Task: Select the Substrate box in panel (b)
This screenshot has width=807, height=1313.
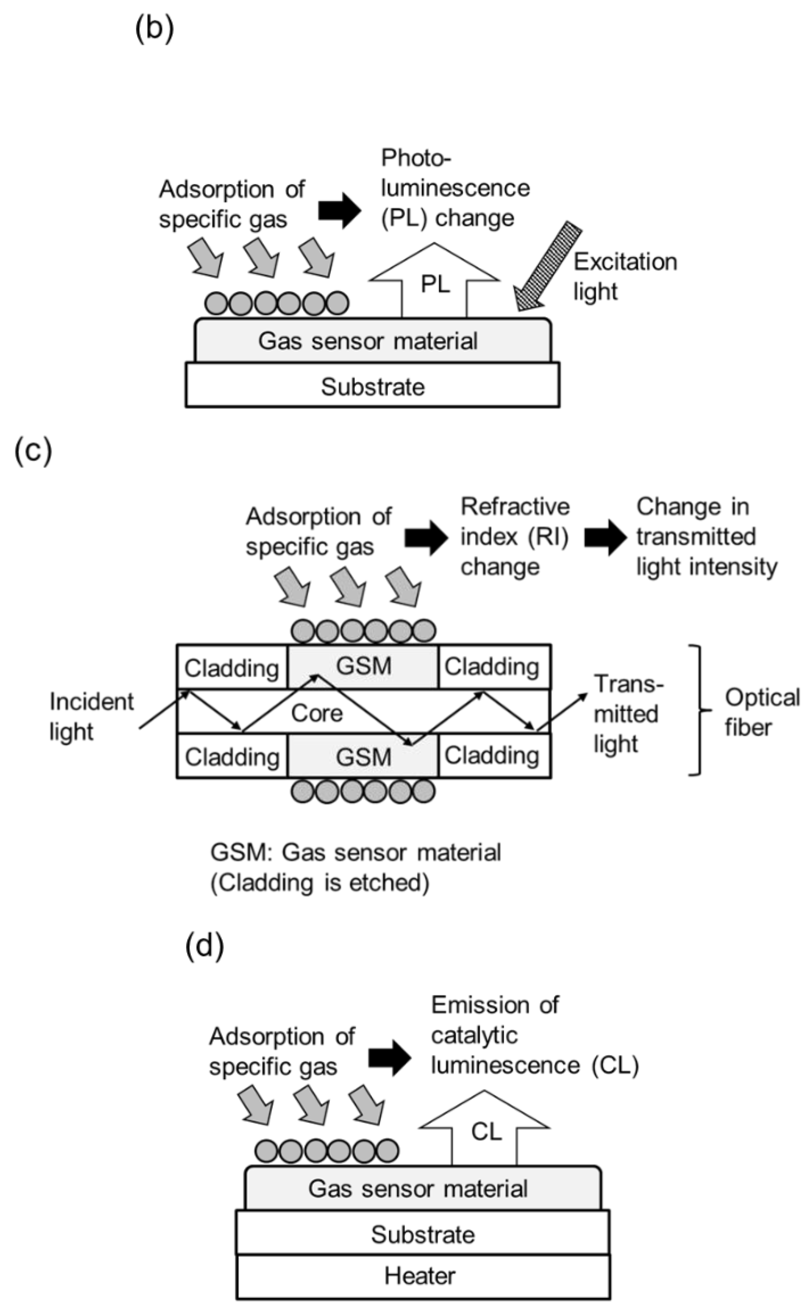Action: pyautogui.click(x=373, y=386)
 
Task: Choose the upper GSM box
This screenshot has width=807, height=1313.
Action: pyautogui.click(x=363, y=666)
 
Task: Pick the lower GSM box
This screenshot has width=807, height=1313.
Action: pyautogui.click(x=363, y=756)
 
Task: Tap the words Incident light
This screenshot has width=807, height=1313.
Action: pyautogui.click(x=91, y=716)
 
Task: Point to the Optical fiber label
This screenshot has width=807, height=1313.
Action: pyautogui.click(x=761, y=712)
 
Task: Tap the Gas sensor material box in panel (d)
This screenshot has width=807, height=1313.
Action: pyautogui.click(x=423, y=1189)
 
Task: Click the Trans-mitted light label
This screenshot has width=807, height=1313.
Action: pyautogui.click(x=627, y=713)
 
